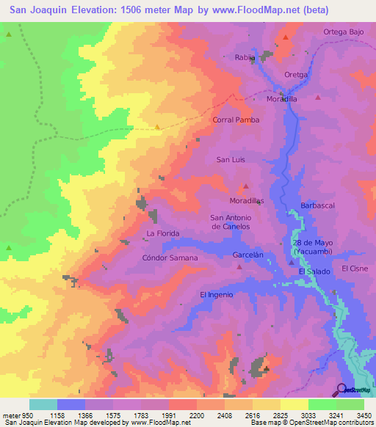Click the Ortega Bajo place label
tap(344, 32)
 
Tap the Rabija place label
tap(245, 57)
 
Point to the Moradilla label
tap(281, 98)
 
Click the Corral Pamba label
tap(236, 120)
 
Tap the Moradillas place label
tap(246, 200)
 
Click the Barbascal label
tap(317, 205)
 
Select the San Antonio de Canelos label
tap(231, 222)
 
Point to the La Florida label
tap(163, 233)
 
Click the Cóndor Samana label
tap(170, 258)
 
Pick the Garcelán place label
tap(247, 255)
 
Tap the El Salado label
tap(314, 271)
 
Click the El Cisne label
tap(354, 269)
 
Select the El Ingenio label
tap(217, 294)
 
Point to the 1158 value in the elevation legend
tap(71, 415)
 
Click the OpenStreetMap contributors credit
tap(336, 423)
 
